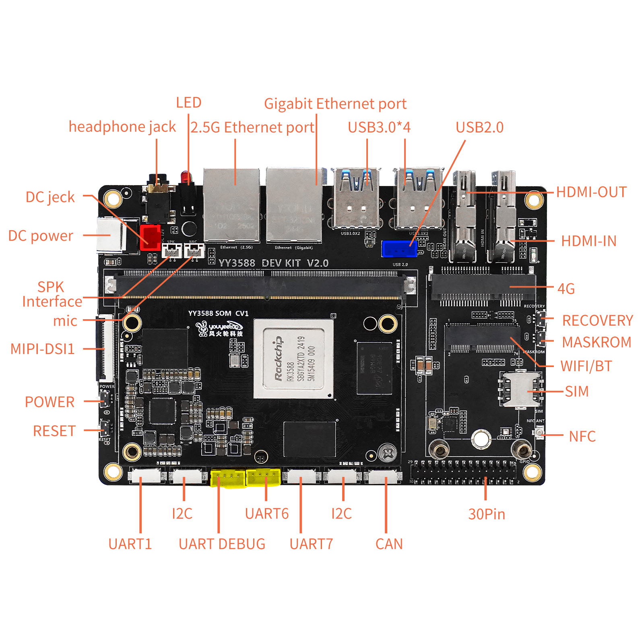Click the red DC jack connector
(150, 237)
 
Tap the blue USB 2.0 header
(399, 249)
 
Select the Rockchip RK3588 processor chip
(293, 359)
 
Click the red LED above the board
(186, 177)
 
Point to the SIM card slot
(520, 389)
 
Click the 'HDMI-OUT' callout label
(591, 192)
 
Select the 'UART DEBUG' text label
(222, 544)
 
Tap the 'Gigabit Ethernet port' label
(335, 104)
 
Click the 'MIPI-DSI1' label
(42, 349)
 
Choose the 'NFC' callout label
(582, 436)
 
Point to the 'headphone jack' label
(122, 127)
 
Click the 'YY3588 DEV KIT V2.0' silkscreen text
(273, 263)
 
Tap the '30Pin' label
(486, 514)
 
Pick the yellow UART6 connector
(263, 477)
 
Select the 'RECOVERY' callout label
(597, 320)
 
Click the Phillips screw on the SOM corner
(388, 454)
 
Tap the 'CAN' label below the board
(389, 544)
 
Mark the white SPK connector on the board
(172, 251)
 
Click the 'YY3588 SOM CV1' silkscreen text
(218, 313)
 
